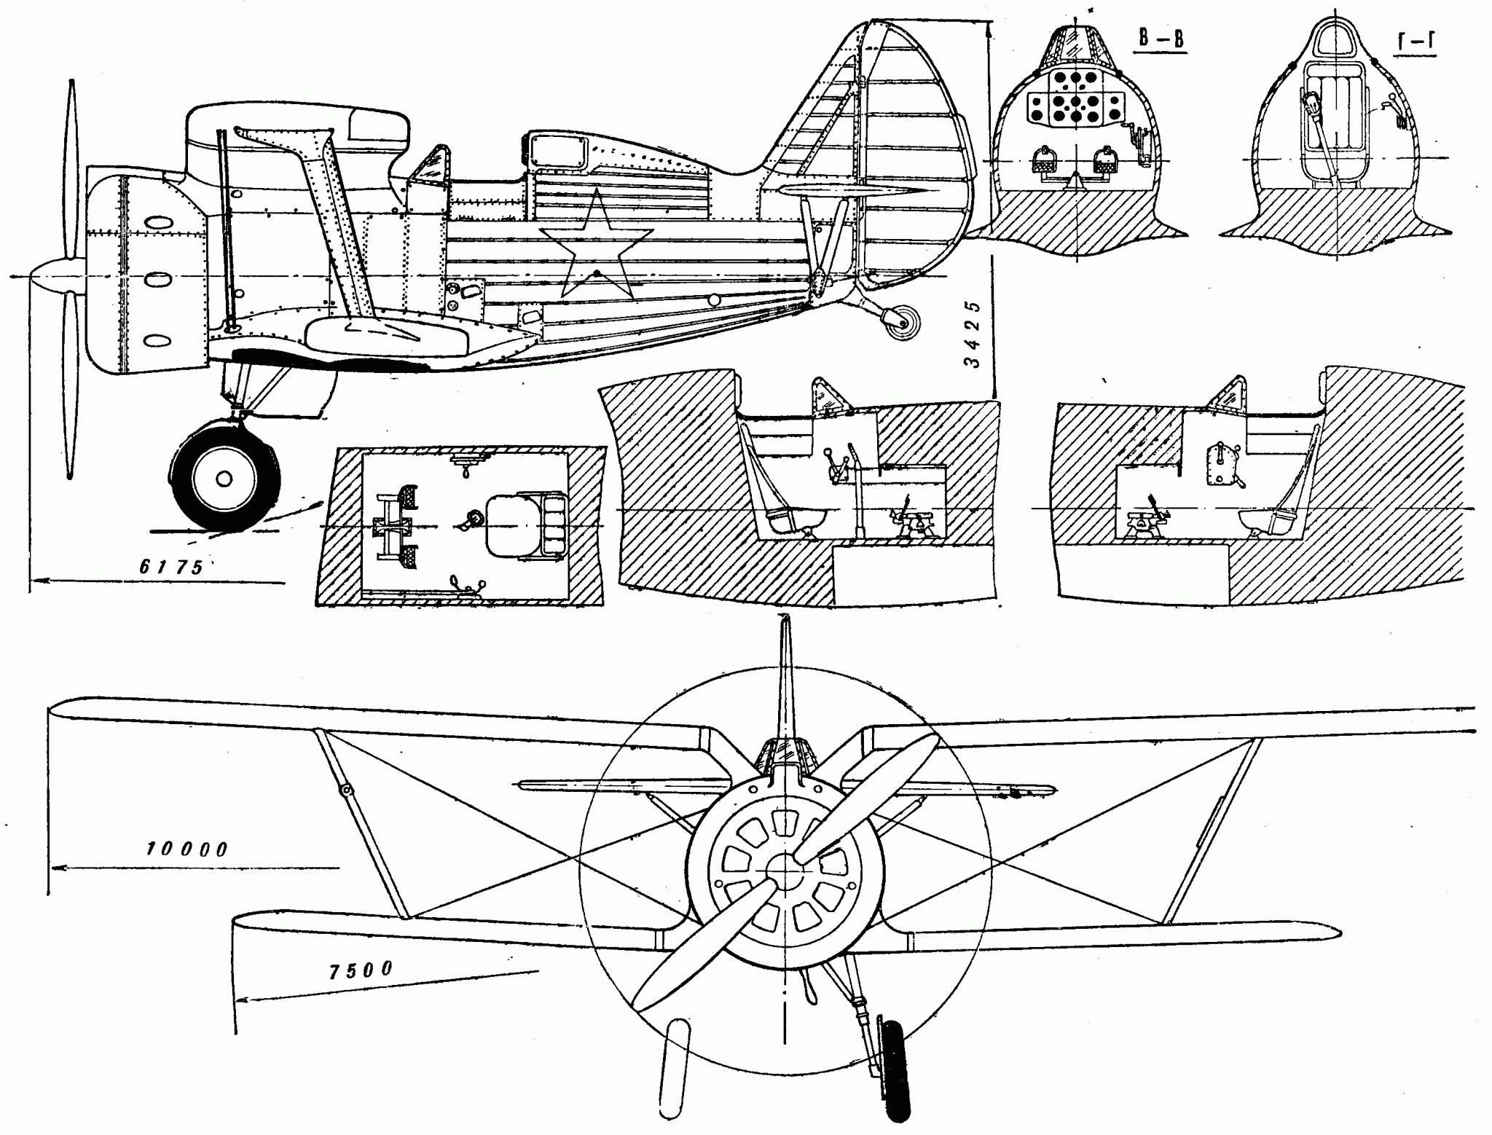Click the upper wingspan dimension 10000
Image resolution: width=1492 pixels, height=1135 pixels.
point(187,849)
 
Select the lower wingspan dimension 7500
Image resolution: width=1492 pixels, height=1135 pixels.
point(359,970)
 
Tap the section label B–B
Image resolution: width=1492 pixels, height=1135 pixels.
point(1161,40)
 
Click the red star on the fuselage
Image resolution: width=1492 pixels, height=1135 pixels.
point(595,244)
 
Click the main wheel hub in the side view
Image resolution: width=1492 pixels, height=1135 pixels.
point(224,479)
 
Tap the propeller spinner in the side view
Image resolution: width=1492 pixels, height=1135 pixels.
point(51,277)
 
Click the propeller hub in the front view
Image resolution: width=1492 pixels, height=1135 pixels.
point(785,871)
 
